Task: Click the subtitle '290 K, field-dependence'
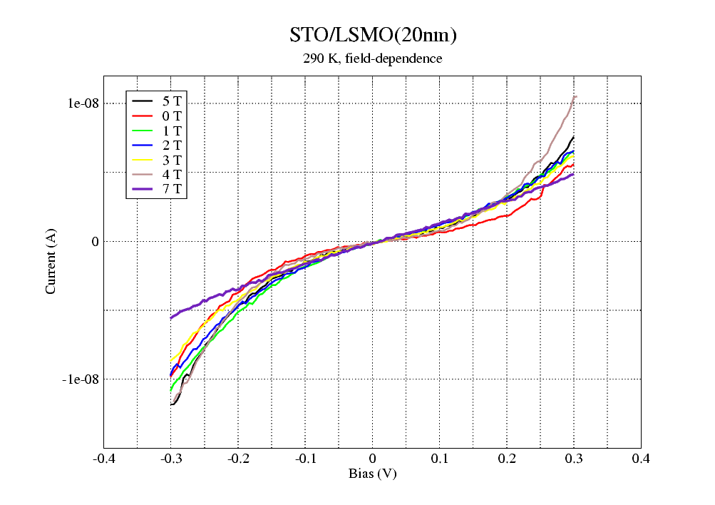372,58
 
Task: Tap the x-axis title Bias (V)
372,474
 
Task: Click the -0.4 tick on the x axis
104,458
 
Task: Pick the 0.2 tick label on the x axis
507,458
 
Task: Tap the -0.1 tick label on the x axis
305,458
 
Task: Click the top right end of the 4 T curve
575,96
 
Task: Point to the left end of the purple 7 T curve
171,318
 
